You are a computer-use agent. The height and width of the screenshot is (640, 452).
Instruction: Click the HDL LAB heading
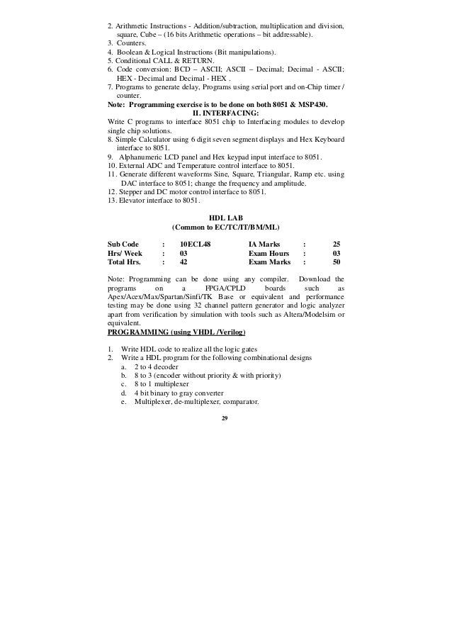coord(226,218)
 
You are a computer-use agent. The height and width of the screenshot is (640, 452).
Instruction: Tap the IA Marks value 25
coord(337,244)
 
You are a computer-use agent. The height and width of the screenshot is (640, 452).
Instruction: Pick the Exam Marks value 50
coord(337,262)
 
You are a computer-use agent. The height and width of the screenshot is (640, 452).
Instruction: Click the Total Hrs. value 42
coord(183,262)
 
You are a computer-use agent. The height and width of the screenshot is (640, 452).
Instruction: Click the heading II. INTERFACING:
coord(226,112)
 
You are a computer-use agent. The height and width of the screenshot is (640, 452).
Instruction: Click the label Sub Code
coord(124,244)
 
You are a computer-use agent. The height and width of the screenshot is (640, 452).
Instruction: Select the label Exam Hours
coord(269,253)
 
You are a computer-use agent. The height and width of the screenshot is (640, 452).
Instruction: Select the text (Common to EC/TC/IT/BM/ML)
coord(226,227)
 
